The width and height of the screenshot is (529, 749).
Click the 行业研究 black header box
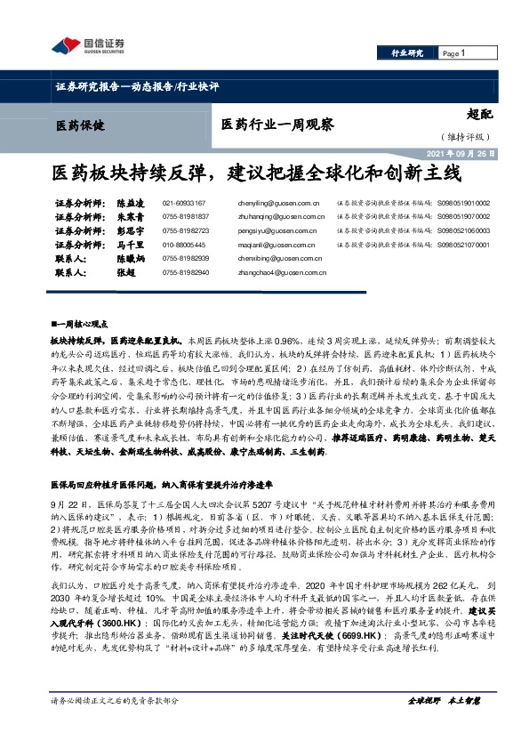point(407,54)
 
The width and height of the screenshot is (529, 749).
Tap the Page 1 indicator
point(454,54)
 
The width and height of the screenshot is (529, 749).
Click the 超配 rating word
point(478,113)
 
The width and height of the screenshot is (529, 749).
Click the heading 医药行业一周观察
point(277,125)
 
